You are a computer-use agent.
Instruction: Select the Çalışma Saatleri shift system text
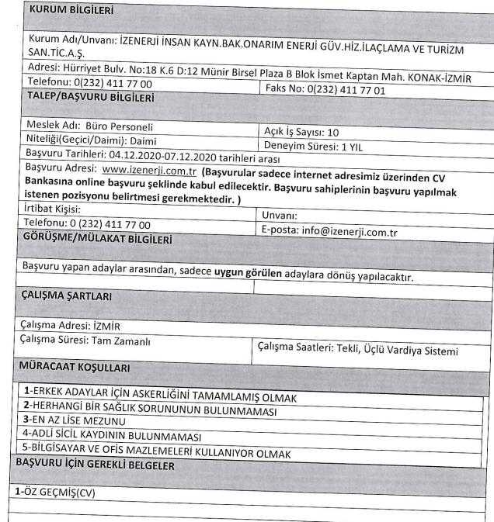[x=357, y=351]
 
